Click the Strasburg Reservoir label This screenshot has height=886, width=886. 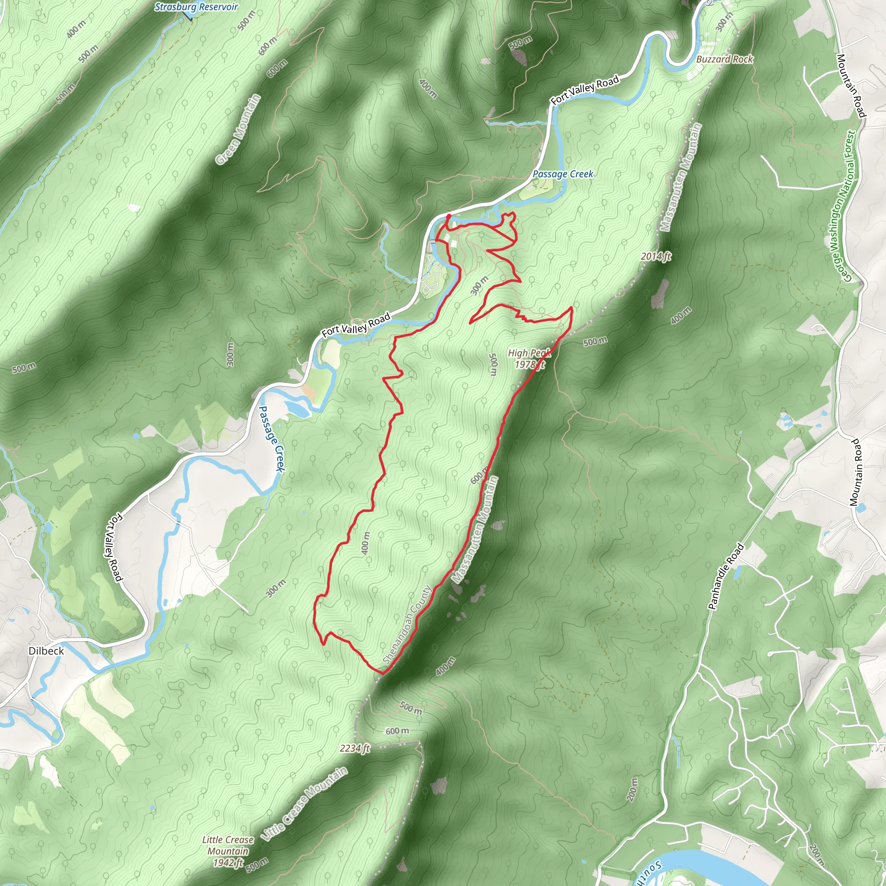[196, 7]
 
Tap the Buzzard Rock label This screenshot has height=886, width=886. [725, 59]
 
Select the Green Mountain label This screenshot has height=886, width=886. [238, 129]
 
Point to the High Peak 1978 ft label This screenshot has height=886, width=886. [529, 359]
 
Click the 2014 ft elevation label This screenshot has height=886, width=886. [656, 257]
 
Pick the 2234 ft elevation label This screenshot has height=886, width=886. [354, 748]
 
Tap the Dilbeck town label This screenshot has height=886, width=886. [46, 651]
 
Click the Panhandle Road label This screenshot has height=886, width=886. [726, 576]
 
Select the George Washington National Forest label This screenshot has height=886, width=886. [843, 206]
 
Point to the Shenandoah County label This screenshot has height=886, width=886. [407, 625]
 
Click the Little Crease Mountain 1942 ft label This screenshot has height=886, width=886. [228, 851]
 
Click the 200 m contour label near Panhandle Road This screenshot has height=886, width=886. [632, 789]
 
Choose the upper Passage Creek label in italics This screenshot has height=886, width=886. [563, 174]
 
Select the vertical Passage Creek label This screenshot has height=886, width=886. [273, 438]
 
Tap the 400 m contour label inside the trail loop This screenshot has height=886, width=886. [366, 543]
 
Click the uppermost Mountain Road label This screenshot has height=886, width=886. [850, 86]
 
